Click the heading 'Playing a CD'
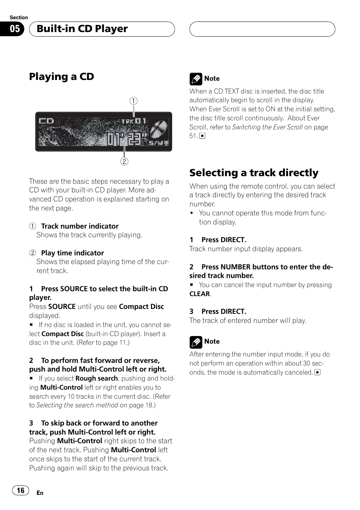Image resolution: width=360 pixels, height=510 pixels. tap(62, 77)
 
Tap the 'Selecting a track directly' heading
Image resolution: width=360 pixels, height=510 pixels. tap(254, 173)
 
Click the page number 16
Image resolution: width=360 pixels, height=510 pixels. tap(21, 490)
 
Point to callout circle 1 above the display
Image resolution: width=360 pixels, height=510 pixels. tap(134, 101)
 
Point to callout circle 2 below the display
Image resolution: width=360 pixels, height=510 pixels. tap(124, 161)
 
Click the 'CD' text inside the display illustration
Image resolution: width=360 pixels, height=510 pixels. tap(46, 121)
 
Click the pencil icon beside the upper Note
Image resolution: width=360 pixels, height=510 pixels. tap(195, 79)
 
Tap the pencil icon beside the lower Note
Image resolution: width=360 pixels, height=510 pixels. tap(195, 342)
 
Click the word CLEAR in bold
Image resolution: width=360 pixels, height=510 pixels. tap(200, 294)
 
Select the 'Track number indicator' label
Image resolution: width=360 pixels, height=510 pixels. tap(80, 226)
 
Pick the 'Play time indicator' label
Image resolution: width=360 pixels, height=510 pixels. tap(72, 253)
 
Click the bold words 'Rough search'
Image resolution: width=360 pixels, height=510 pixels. tap(97, 378)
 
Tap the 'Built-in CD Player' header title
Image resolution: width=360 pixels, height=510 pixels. tap(82, 29)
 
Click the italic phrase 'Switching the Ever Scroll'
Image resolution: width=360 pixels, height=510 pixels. tap(267, 127)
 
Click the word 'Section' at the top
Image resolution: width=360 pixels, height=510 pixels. tap(19, 17)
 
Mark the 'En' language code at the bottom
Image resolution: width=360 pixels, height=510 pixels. tap(40, 493)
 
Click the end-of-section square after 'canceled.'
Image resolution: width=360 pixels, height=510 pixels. tap(318, 372)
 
